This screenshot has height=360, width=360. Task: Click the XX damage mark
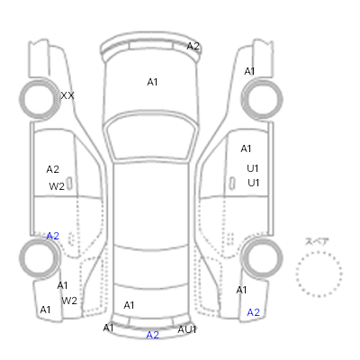click(x=67, y=96)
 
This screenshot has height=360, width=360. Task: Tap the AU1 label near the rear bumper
click(x=187, y=329)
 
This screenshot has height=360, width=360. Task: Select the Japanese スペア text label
click(x=317, y=241)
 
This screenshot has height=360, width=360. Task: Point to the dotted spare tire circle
click(x=319, y=252)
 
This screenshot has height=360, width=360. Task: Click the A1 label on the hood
click(x=152, y=82)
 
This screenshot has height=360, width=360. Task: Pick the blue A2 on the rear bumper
click(x=153, y=335)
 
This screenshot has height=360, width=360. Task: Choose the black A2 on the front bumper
click(x=193, y=46)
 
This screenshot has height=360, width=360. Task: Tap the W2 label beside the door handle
click(x=57, y=186)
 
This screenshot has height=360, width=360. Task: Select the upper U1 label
click(x=253, y=168)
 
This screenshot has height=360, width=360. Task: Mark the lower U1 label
click(x=254, y=183)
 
